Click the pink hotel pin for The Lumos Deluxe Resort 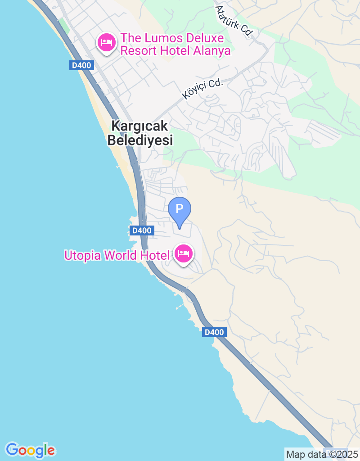(x=106, y=42)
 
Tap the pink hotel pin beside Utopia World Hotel (x=183, y=254)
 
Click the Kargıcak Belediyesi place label (x=140, y=133)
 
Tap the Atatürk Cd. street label (x=234, y=22)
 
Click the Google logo (x=30, y=450)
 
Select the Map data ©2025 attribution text (x=322, y=454)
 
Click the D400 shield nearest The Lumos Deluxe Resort (x=81, y=65)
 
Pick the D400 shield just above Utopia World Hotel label (x=142, y=230)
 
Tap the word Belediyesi (x=140, y=140)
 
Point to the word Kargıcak (x=140, y=126)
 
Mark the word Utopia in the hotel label (x=83, y=256)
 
